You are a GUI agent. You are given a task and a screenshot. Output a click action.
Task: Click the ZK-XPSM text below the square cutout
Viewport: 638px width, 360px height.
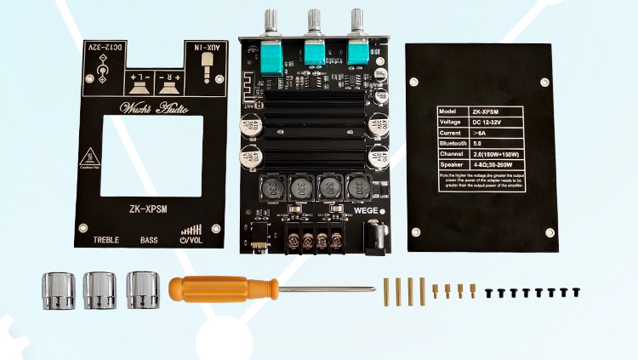[x=151, y=207]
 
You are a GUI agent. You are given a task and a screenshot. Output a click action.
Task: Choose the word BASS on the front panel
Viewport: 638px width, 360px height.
[x=149, y=240]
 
